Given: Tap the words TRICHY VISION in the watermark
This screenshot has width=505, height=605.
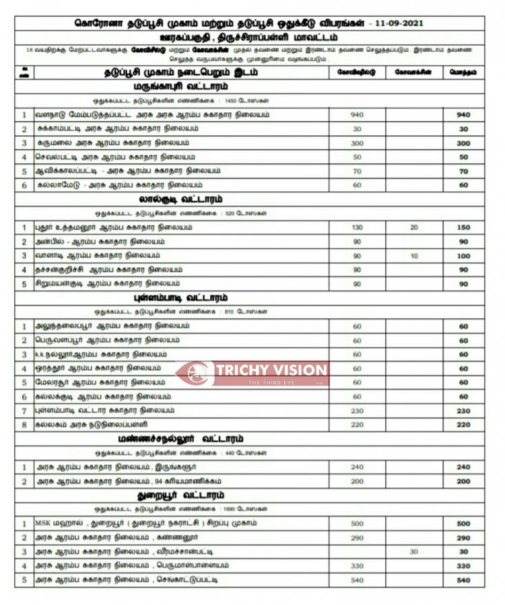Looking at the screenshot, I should tap(272, 369).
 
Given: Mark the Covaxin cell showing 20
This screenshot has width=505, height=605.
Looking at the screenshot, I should tap(414, 227).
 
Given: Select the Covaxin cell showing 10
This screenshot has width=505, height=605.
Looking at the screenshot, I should tap(414, 256).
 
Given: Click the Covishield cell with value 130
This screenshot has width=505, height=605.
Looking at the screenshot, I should tap(357, 227).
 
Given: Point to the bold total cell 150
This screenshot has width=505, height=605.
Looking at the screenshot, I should tap(463, 227).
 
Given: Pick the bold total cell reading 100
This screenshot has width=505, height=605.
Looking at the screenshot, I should tap(463, 256).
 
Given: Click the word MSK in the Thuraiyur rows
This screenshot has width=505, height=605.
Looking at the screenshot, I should tap(43, 523).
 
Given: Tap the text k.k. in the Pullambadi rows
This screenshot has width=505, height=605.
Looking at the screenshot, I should tap(41, 354).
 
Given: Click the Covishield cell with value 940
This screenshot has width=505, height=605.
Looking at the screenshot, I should tap(357, 114).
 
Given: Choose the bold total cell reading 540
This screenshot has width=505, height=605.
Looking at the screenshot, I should tap(463, 579).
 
